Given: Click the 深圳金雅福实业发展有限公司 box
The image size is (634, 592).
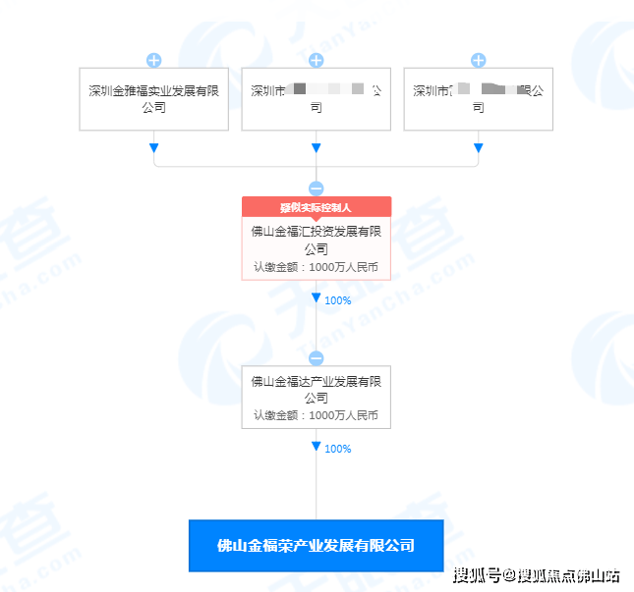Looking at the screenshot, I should tap(153, 98).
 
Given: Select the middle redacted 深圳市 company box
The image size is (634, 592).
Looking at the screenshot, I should tap(316, 98).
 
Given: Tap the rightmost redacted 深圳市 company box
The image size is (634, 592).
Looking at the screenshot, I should tap(479, 98).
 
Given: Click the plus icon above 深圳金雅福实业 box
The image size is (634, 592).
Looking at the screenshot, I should tap(153, 60).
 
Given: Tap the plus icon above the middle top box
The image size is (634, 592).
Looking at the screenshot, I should tap(316, 60).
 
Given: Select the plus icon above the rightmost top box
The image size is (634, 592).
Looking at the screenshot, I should tap(479, 60).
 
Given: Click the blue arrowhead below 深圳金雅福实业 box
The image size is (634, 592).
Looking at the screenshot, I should tap(153, 148).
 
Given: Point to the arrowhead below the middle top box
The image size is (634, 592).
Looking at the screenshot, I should tap(316, 148).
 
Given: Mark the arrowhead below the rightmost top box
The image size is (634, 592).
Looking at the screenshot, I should tap(479, 148).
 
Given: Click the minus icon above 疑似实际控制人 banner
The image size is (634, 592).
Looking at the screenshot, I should tap(316, 188).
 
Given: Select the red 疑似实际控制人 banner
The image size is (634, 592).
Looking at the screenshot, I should tap(316, 207).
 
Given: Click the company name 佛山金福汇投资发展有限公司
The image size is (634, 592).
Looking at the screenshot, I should tap(316, 241).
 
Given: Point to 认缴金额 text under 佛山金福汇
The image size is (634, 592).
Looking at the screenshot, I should tap(316, 266).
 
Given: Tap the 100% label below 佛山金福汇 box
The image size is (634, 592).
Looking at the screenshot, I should tap(337, 300).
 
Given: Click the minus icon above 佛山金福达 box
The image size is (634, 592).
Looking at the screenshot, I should tap(316, 358).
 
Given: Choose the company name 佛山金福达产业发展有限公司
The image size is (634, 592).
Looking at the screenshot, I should tap(316, 389).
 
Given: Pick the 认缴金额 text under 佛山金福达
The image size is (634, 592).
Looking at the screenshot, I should tap(316, 415).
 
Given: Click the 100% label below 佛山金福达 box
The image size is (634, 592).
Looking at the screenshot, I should tap(337, 449).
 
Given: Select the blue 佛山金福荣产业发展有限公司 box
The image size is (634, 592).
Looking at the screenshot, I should tap(316, 545).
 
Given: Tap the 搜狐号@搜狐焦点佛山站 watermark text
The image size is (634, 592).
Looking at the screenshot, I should tap(536, 574).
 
